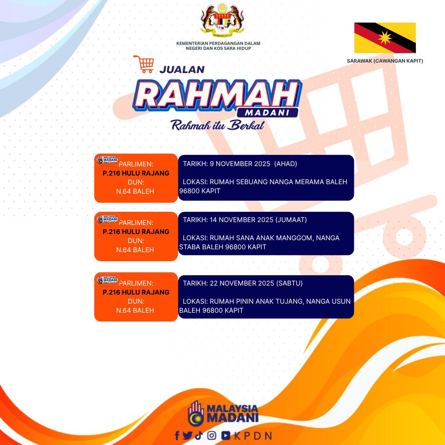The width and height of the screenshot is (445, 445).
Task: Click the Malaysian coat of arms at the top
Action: coord(222,20)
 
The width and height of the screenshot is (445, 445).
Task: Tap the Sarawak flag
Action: coord(385,38)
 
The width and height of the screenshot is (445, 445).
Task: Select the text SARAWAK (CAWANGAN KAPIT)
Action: coord(385,61)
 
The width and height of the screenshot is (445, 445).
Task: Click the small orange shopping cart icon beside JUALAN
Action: coord(144,64)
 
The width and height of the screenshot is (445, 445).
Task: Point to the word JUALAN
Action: coord(182,70)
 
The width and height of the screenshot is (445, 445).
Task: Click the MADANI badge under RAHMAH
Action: coord(267,112)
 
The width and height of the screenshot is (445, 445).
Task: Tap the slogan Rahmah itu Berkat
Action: coord(218,125)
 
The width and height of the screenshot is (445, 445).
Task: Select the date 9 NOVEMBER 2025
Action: coord(240,164)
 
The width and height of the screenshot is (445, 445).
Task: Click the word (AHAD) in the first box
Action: coord(286,164)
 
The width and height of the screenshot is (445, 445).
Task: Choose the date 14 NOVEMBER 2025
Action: coord(241,220)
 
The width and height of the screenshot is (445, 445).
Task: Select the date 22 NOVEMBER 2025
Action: coord(242,283)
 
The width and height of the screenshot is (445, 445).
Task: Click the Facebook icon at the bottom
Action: coord(177,436)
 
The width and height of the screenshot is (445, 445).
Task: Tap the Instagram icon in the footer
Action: coord(211,436)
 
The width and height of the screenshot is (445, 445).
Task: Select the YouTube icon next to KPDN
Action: coord(226,436)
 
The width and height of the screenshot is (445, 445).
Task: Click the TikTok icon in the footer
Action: coord(199,436)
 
